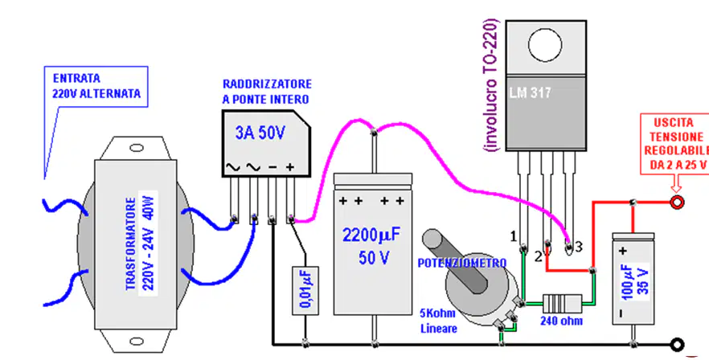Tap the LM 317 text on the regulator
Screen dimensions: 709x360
click(x=530, y=92)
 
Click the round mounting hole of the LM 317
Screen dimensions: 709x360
click(x=545, y=45)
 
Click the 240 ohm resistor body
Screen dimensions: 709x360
click(x=562, y=301)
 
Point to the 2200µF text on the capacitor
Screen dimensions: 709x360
click(x=371, y=235)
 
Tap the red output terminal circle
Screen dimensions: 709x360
click(x=677, y=202)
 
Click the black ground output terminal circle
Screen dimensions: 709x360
click(x=677, y=345)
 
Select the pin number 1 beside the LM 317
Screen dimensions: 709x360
click(x=513, y=236)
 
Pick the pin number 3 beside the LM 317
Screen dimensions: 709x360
click(x=578, y=247)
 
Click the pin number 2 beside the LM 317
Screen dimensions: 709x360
click(x=538, y=257)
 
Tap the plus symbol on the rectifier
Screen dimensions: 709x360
click(x=290, y=167)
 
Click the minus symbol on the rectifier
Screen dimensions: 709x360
click(x=273, y=167)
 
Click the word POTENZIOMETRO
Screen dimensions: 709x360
click(x=461, y=264)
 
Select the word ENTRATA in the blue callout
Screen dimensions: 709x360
click(x=76, y=78)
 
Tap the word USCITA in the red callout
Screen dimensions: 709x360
click(x=674, y=123)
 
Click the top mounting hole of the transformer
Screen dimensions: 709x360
click(x=136, y=148)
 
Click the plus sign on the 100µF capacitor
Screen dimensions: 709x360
click(x=623, y=251)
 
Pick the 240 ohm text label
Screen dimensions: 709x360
click(x=562, y=321)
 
